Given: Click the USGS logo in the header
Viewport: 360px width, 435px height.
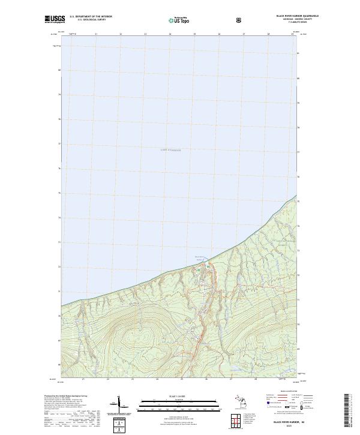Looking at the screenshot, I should click(x=54, y=19).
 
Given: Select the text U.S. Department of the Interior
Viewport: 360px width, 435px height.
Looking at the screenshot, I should click(x=91, y=16).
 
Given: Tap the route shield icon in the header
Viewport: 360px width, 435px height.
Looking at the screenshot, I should click(x=240, y=20).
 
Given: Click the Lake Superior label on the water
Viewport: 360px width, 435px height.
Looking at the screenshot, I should click(x=170, y=149).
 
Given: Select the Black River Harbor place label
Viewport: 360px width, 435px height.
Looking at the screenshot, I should click(x=200, y=259).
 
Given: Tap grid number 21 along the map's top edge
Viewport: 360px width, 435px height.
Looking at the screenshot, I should click(x=96, y=34).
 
